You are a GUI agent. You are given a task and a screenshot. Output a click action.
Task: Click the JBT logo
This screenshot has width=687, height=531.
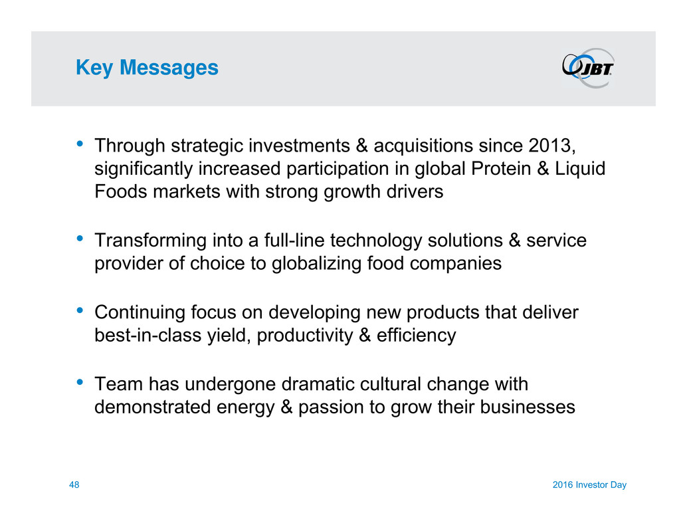[589, 68]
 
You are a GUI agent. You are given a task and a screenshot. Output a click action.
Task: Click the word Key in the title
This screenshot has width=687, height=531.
[94, 68]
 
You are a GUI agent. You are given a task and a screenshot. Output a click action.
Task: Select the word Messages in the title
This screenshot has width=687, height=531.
[169, 68]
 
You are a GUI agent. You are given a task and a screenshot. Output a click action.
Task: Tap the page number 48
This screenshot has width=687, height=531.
[74, 484]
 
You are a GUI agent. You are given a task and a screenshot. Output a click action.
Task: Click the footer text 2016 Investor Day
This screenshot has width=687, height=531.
[589, 484]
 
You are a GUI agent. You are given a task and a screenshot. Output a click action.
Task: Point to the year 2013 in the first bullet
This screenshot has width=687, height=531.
[551, 146]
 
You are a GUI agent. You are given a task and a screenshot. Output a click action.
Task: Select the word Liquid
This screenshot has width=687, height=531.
[580, 169]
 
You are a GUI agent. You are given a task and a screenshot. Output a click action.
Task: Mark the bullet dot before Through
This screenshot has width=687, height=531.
[80, 144]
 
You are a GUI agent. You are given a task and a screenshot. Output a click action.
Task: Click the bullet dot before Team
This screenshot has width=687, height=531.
[80, 381]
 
